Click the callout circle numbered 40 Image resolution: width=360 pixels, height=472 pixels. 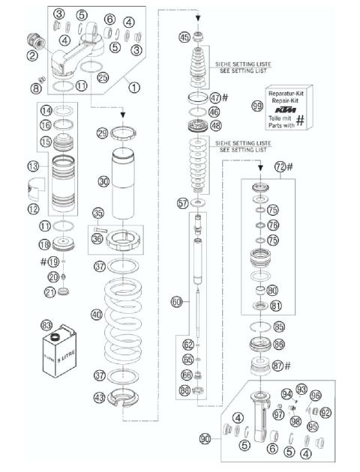pos(97,315)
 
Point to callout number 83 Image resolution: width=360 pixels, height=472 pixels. pos(47,325)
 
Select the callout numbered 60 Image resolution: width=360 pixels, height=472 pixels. pos(177,302)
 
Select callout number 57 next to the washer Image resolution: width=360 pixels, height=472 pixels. pos(181,204)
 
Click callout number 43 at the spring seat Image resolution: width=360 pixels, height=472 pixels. pos(100,397)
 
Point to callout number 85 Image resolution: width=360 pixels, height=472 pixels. pos(279,327)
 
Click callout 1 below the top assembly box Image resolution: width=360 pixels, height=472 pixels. pos(135,86)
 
